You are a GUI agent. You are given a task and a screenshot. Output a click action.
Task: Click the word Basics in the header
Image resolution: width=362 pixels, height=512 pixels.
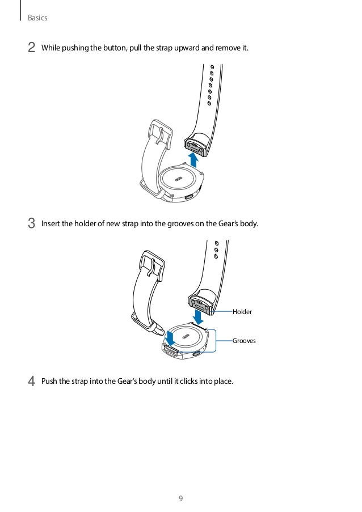pyautogui.click(x=37, y=18)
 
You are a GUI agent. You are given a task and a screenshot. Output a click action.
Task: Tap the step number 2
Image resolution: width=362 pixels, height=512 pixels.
pyautogui.click(x=32, y=48)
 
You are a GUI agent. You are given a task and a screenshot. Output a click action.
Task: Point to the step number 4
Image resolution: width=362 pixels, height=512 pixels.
pyautogui.click(x=32, y=380)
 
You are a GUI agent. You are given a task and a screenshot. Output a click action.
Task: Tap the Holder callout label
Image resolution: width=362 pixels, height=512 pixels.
pyautogui.click(x=242, y=312)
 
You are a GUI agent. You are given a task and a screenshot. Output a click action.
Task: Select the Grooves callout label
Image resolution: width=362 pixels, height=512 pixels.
pyautogui.click(x=245, y=341)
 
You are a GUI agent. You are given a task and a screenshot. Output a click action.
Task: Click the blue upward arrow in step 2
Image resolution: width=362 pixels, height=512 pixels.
pyautogui.click(x=194, y=159)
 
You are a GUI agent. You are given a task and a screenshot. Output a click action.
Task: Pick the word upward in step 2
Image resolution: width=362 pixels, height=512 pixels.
pyautogui.click(x=184, y=48)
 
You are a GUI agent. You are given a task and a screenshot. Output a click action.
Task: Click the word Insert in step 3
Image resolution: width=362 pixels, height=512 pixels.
pyautogui.click(x=50, y=223)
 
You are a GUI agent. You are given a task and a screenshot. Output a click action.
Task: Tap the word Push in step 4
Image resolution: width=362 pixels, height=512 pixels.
pyautogui.click(x=49, y=381)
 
